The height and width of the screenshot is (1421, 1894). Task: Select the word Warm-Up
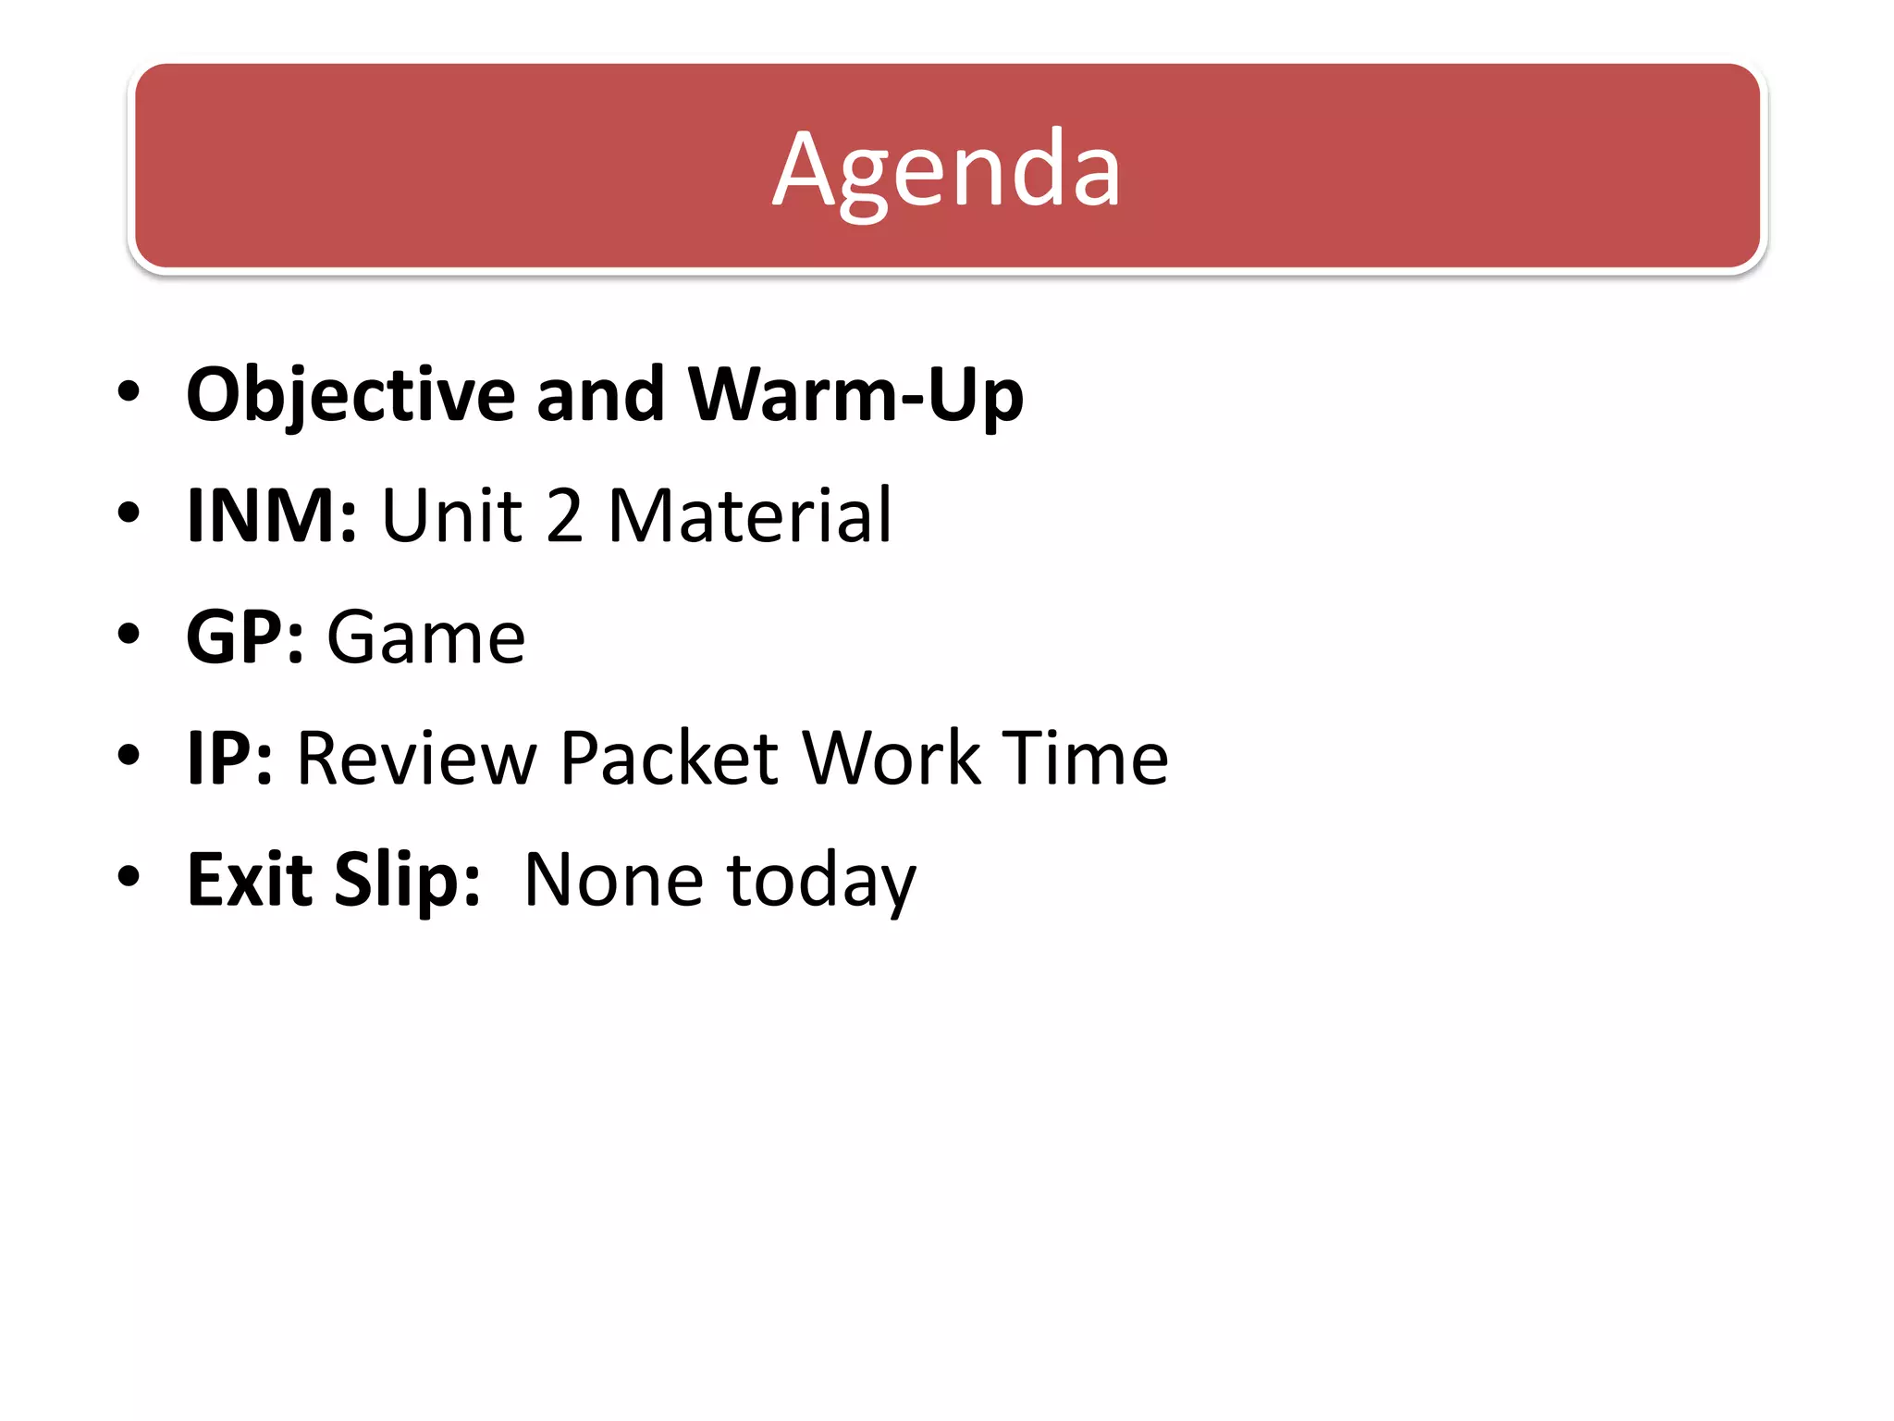point(855,396)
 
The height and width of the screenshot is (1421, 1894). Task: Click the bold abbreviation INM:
point(271,515)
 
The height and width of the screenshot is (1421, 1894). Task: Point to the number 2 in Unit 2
point(564,515)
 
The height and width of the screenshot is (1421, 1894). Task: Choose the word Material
point(750,515)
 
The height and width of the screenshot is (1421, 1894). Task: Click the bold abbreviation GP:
point(245,637)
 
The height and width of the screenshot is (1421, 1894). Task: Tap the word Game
point(426,637)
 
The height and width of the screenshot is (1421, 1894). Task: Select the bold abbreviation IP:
point(229,759)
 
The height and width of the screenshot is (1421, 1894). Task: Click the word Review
point(416,759)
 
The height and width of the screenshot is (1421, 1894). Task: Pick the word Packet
point(670,759)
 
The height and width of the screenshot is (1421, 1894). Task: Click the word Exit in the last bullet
point(249,879)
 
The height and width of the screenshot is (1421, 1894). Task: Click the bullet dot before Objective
point(129,391)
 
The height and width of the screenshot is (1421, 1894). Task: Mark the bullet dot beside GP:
point(129,634)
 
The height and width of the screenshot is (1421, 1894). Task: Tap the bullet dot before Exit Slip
point(129,875)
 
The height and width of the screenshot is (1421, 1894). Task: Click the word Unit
point(451,515)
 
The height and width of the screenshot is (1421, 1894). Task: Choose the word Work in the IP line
point(891,759)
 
